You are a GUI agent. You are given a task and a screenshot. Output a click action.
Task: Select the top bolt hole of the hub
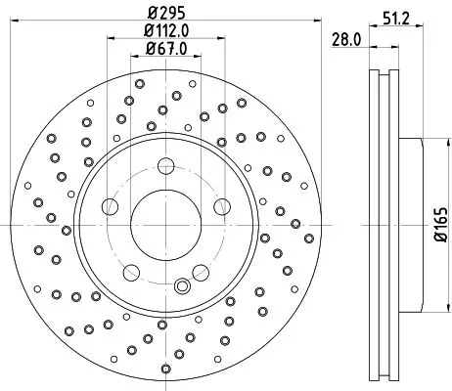point(165,165)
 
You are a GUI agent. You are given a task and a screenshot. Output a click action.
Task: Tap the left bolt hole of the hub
point(110,205)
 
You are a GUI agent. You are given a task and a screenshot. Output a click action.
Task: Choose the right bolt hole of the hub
point(221,205)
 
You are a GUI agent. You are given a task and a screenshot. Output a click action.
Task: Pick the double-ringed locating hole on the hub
point(180,286)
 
